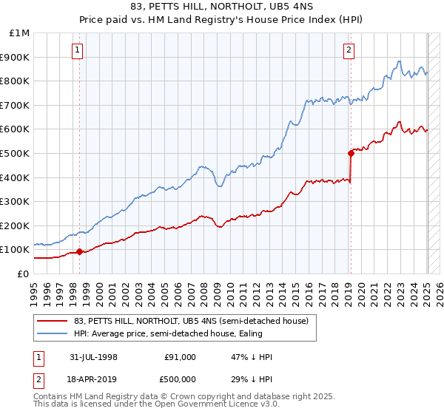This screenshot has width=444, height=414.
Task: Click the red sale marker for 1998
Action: [x=80, y=251]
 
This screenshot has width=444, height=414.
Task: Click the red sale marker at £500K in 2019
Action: [x=351, y=153]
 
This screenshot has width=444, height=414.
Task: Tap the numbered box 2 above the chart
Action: [x=349, y=50]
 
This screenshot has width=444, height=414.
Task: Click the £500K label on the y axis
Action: [x=15, y=154]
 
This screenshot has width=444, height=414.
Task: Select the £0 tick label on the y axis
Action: [x=22, y=274]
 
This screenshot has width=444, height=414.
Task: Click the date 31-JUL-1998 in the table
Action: [x=94, y=357]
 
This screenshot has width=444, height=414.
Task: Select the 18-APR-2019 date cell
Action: [x=94, y=379]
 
